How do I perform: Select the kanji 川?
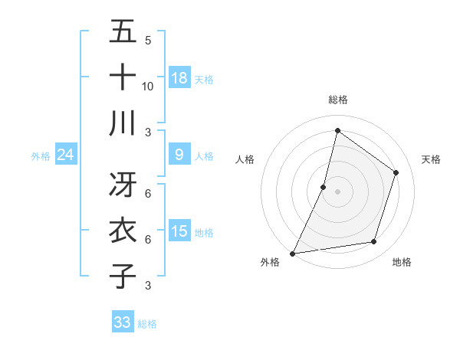(123, 123)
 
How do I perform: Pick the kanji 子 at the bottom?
(123, 276)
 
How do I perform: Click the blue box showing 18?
(179, 77)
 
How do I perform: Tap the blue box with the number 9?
(179, 154)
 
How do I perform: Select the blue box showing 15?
(179, 231)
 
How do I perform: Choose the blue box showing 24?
(66, 155)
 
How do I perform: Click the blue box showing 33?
(123, 322)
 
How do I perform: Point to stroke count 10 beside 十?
(148, 86)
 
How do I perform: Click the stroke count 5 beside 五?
(148, 40)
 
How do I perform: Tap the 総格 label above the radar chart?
(338, 100)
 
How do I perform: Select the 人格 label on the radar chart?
(245, 159)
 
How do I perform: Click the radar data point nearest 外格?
(292, 253)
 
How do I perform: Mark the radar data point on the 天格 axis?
(396, 172)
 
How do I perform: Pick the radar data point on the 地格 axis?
(374, 242)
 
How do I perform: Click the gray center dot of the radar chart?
(337, 191)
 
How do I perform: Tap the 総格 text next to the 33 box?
(148, 324)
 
